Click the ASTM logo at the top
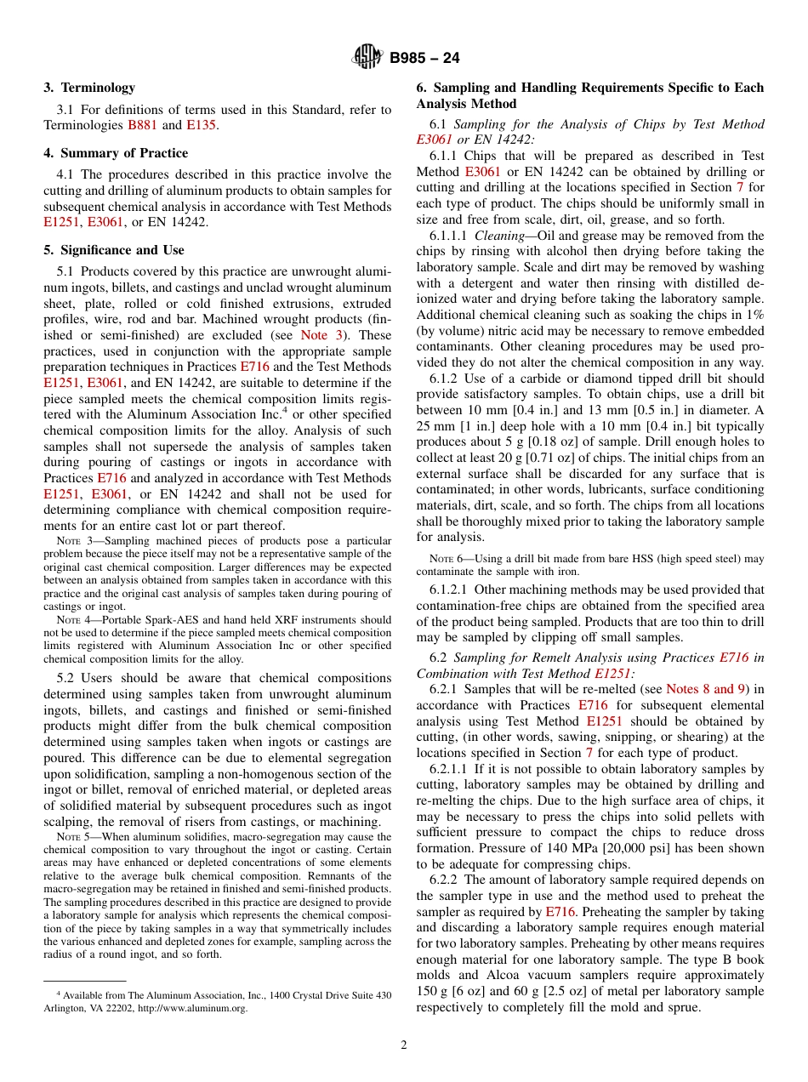[367, 57]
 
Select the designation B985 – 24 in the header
[424, 58]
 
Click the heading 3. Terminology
[89, 88]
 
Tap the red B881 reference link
[142, 125]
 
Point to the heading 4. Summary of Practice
[116, 153]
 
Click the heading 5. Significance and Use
[114, 250]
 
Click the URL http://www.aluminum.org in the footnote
[202, 1008]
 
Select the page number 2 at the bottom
[404, 1045]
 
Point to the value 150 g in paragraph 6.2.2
[433, 992]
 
